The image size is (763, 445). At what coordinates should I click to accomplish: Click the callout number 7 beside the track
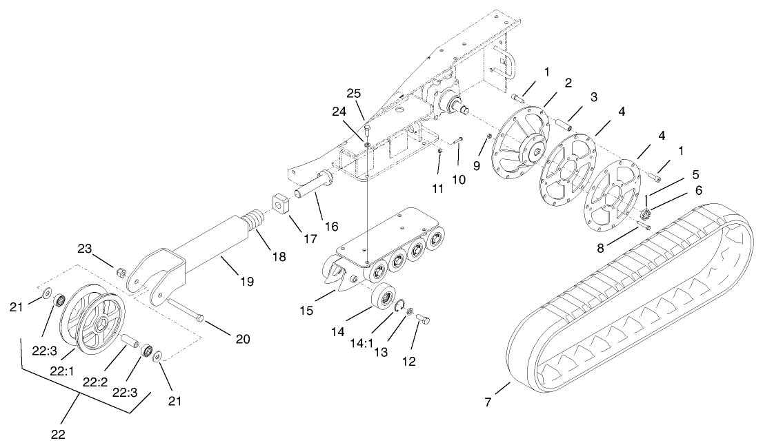pyautogui.click(x=488, y=402)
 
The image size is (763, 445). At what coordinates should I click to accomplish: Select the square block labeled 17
pyautogui.click(x=281, y=204)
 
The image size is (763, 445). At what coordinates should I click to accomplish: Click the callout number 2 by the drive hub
pyautogui.click(x=568, y=83)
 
